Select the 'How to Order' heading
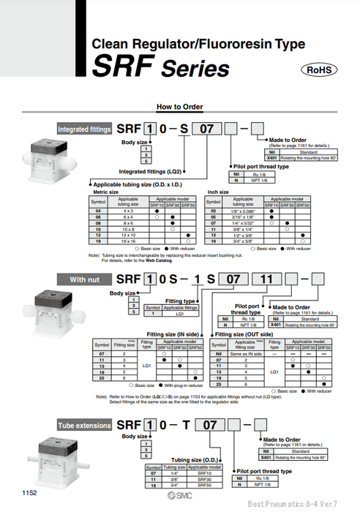179,106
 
